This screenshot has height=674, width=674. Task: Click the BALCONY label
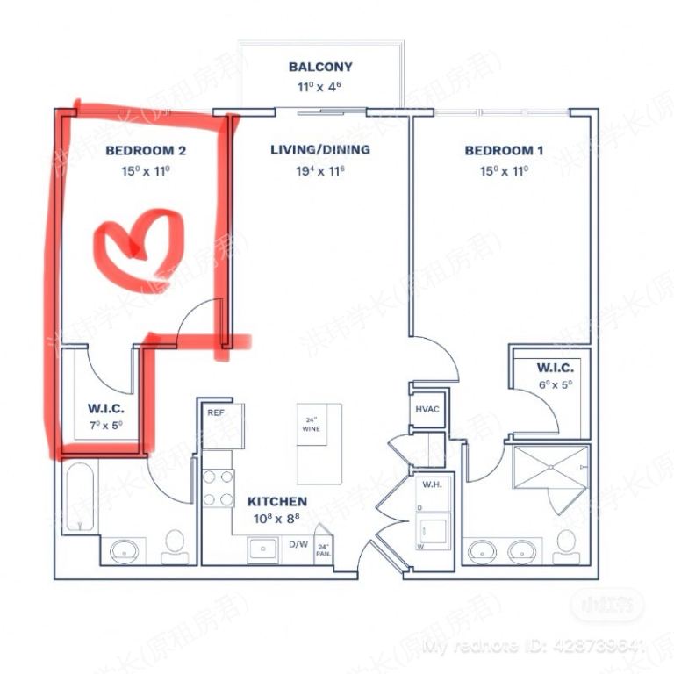(x=320, y=67)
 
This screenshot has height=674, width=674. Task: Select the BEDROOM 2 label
(x=146, y=151)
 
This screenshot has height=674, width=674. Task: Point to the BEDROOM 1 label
(x=504, y=151)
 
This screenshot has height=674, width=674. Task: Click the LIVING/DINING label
(x=319, y=150)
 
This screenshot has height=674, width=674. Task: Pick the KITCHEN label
(x=277, y=502)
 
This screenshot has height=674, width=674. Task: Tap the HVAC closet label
(x=427, y=410)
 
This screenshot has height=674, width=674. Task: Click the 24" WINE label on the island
(x=310, y=424)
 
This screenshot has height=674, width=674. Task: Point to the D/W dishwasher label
(x=298, y=544)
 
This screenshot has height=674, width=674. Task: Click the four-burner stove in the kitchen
(x=217, y=488)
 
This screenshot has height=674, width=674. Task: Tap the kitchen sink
(x=262, y=549)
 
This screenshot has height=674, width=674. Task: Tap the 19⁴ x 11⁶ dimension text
(x=319, y=171)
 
